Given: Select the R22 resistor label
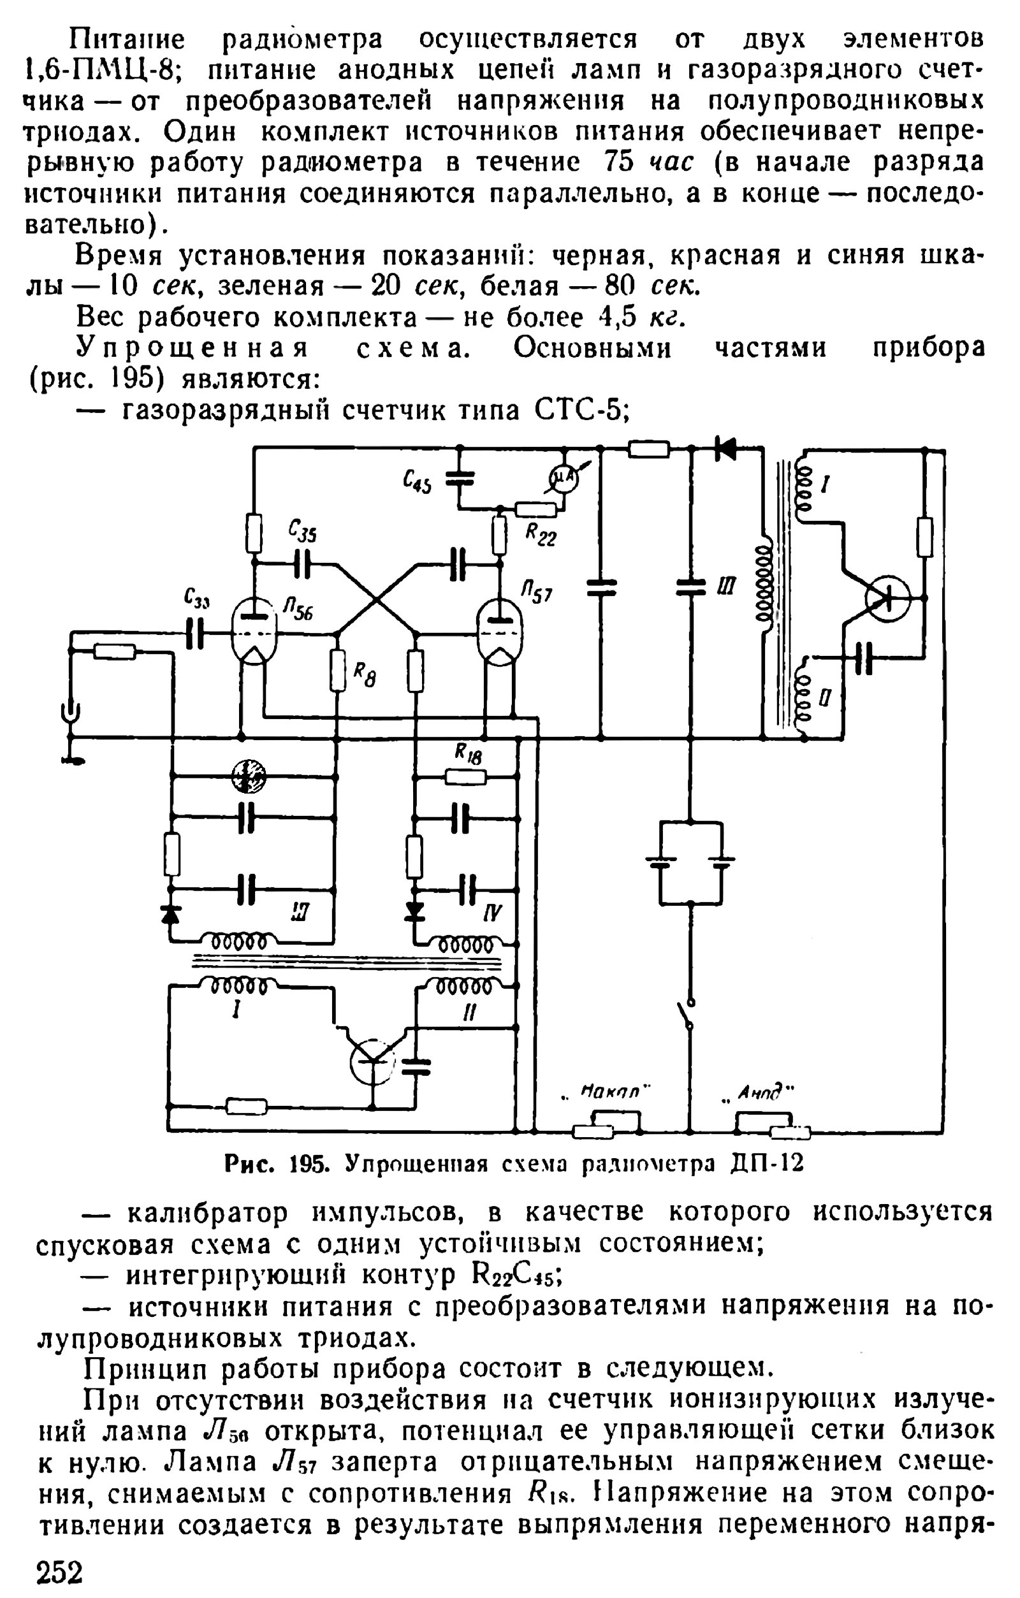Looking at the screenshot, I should click(541, 534).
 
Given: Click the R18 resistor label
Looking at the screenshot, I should click(468, 753).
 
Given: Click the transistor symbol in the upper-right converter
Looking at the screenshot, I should click(887, 599).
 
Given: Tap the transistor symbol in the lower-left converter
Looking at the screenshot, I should click(372, 1061).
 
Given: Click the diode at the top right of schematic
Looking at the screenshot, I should click(725, 449).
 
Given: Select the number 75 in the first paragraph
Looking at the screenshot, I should click(619, 162).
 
